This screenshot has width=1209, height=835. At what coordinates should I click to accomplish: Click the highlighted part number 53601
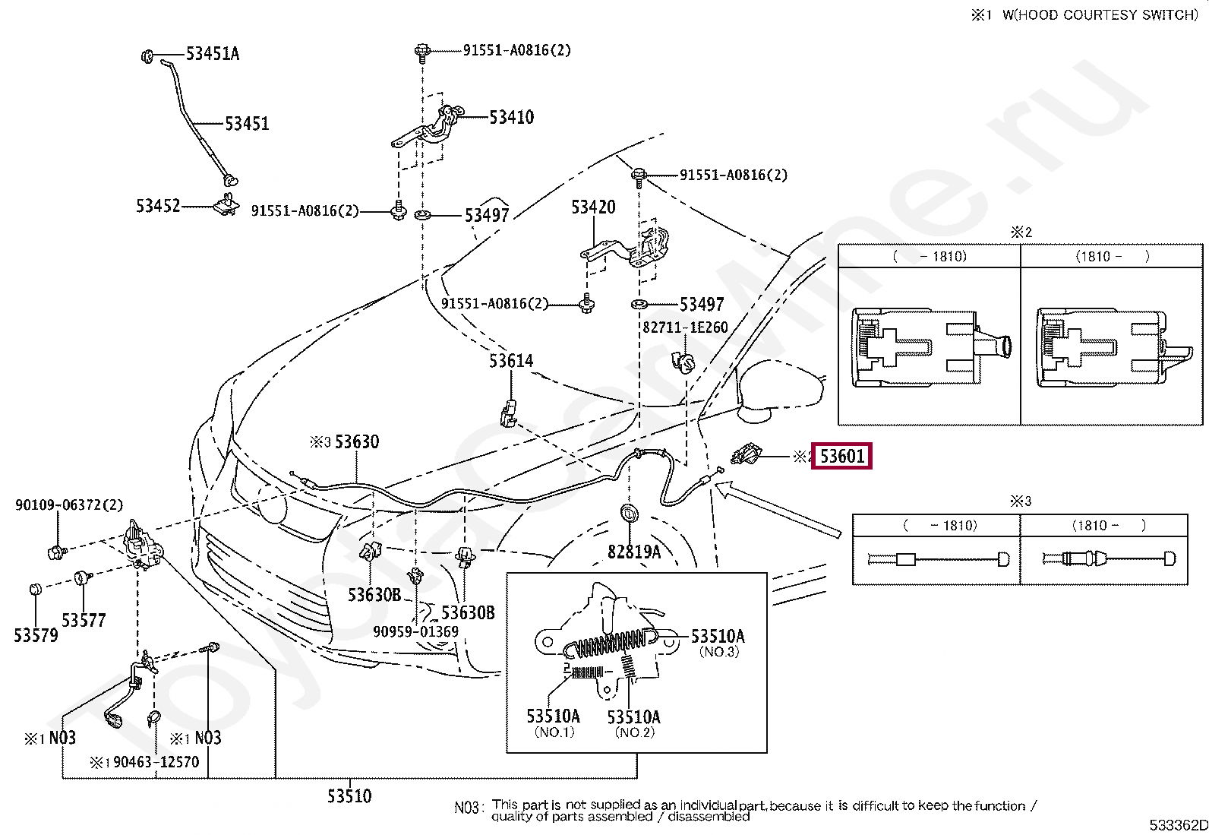pos(842,457)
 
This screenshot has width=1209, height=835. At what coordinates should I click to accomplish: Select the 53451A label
pos(213,54)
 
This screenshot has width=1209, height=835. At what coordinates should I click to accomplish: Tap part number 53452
pos(158,206)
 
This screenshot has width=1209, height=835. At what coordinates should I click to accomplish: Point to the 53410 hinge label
pos(512,117)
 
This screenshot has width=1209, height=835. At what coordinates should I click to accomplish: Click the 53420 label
pos(594,207)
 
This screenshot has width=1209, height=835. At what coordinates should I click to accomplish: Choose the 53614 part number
pos(511,360)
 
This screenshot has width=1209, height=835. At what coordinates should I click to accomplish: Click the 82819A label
pos(634,552)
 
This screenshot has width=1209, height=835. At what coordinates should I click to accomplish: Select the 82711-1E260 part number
pos(686,327)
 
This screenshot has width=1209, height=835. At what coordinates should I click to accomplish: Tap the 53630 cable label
pos(357,441)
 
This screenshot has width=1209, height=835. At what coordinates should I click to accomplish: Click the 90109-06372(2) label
pos(69,505)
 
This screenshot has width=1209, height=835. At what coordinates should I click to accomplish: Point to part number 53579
pos(36,635)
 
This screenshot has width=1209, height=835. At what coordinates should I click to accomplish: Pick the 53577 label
pos(84,620)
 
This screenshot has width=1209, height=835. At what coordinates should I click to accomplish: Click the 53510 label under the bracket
pos(350,796)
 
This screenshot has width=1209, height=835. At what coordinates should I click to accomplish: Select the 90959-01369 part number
pos(415,631)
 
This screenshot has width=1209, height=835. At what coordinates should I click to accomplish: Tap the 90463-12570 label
pos(156,762)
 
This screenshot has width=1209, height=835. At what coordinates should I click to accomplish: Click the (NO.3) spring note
pos(719,652)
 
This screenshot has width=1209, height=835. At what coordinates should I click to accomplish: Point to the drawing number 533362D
pos(1178,825)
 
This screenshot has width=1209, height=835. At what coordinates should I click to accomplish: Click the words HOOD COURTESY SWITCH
pos(1104,15)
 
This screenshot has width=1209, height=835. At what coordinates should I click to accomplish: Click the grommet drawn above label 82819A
pos(629,513)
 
